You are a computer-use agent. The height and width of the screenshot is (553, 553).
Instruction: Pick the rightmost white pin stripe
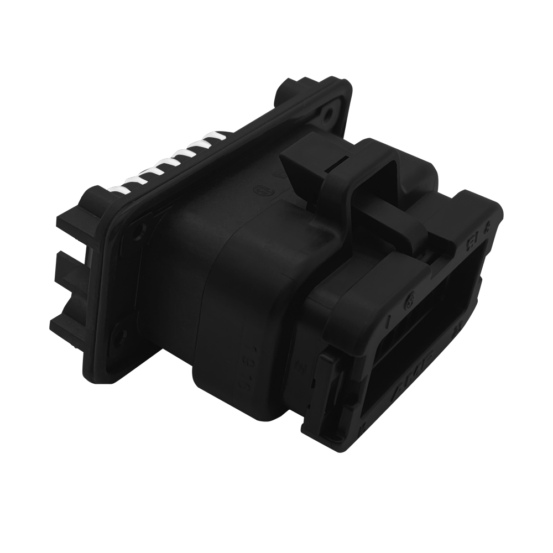tap(218, 136)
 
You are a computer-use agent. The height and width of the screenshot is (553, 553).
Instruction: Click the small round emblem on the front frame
tap(410, 302)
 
